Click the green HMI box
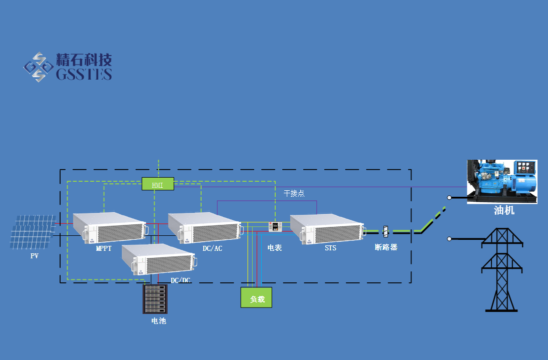point(158,184)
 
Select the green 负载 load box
point(256,297)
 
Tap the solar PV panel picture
point(33,231)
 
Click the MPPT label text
point(104,248)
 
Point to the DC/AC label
point(212,248)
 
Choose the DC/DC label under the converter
point(181,280)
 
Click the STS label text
point(330,248)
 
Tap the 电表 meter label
point(275,248)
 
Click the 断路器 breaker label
point(386,247)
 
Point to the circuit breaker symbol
point(385,232)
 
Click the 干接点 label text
point(294,193)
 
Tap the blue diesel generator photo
point(502,181)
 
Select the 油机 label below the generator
point(504,211)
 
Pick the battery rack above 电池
point(155,299)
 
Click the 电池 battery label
point(159,320)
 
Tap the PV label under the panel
point(35,256)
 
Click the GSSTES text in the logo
point(84,75)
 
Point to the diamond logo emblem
point(38,67)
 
